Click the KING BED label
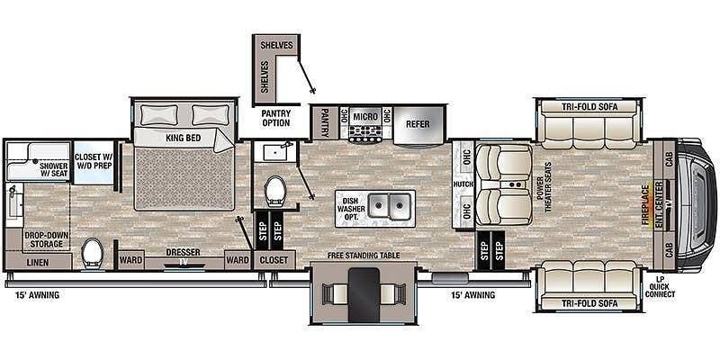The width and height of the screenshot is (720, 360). pyautogui.click(x=184, y=138)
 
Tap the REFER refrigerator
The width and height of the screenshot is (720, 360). pyautogui.click(x=418, y=124)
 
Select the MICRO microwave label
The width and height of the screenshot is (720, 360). pyautogui.click(x=365, y=117)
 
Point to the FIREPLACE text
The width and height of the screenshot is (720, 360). pyautogui.click(x=645, y=205)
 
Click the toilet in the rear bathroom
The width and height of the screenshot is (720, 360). pyautogui.click(x=93, y=253)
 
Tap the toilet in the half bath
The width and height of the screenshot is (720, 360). pyautogui.click(x=275, y=191)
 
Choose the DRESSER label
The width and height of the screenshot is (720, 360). pyautogui.click(x=184, y=252)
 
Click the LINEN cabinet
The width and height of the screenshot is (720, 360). pyautogui.click(x=38, y=262)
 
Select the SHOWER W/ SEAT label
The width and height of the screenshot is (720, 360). pyautogui.click(x=54, y=169)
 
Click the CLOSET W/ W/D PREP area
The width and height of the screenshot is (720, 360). pyautogui.click(x=94, y=161)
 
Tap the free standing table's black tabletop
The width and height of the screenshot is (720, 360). pyautogui.click(x=364, y=295)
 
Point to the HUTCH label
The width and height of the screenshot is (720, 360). pyautogui.click(x=463, y=184)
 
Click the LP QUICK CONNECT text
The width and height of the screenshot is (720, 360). pyautogui.click(x=660, y=286)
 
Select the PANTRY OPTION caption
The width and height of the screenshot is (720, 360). pyautogui.click(x=276, y=118)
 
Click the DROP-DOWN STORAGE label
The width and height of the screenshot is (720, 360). pyautogui.click(x=47, y=239)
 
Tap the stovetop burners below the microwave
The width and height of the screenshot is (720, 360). pyautogui.click(x=366, y=133)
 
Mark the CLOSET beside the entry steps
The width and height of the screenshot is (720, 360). pyautogui.click(x=274, y=260)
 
